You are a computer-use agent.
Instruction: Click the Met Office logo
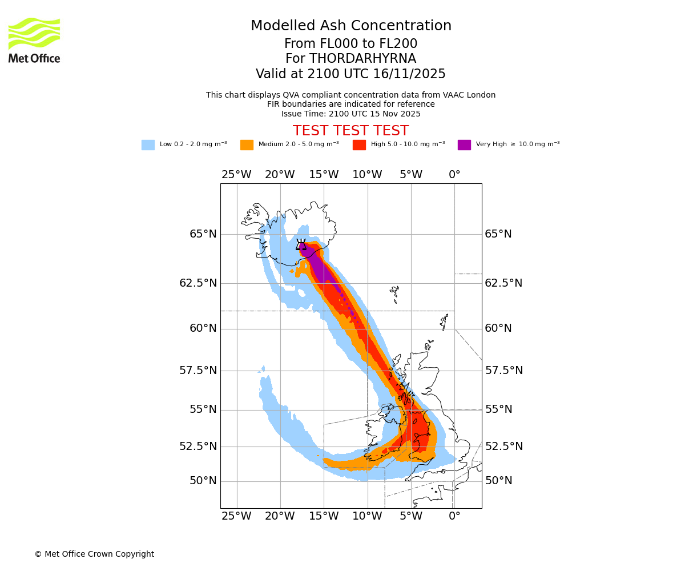click(x=34, y=40)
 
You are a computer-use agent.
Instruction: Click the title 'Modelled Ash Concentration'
click(x=351, y=26)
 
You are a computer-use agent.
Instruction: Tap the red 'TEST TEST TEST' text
click(x=350, y=131)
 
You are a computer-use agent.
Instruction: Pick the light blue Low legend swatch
click(x=148, y=145)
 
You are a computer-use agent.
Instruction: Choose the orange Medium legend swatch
click(x=247, y=145)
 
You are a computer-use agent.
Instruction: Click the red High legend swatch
click(x=359, y=145)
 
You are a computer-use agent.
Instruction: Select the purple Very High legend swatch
click(x=464, y=145)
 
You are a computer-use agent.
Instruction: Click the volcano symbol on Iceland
click(x=301, y=244)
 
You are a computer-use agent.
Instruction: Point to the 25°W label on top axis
click(x=236, y=175)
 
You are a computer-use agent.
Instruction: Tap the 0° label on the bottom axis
click(x=454, y=517)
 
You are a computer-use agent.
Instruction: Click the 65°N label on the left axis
click(x=203, y=234)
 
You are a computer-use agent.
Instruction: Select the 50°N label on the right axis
click(x=498, y=481)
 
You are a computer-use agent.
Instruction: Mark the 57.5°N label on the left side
click(x=198, y=371)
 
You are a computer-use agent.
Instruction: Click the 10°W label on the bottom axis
click(x=367, y=517)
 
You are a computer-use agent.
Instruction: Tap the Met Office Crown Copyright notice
click(x=94, y=554)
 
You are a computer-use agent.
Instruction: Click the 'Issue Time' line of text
click(x=350, y=114)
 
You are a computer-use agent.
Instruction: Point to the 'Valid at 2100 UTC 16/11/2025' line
click(x=350, y=74)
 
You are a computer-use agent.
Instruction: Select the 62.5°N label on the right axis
click(x=503, y=283)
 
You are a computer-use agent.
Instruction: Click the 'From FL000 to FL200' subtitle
click(x=350, y=44)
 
